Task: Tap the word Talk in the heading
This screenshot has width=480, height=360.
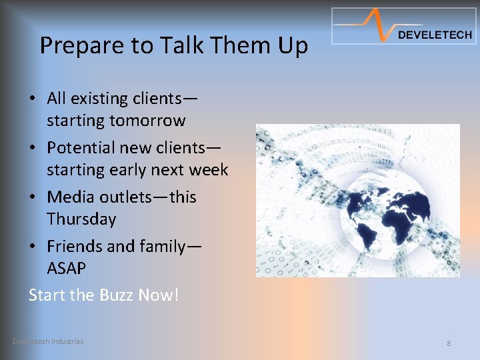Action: [178, 46]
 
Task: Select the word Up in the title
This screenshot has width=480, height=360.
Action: [293, 46]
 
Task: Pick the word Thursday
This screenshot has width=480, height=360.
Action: [81, 219]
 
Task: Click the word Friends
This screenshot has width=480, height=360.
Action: [75, 247]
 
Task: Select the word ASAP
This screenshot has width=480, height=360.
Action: [67, 269]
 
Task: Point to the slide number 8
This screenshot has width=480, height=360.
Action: [449, 343]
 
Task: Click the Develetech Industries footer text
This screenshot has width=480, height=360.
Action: [48, 341]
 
